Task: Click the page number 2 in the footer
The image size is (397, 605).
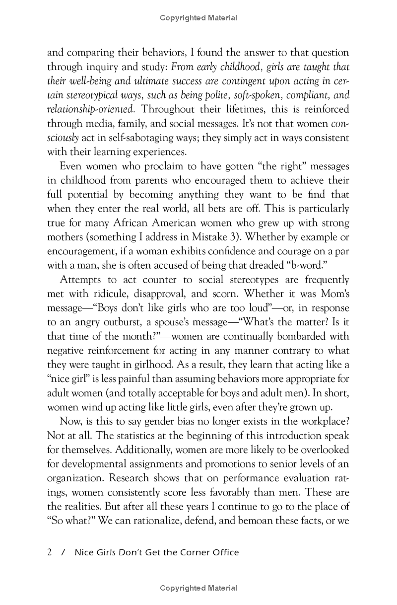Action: [50, 552]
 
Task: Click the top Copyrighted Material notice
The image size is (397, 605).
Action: [198, 18]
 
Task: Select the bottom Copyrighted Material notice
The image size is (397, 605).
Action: [198, 588]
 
